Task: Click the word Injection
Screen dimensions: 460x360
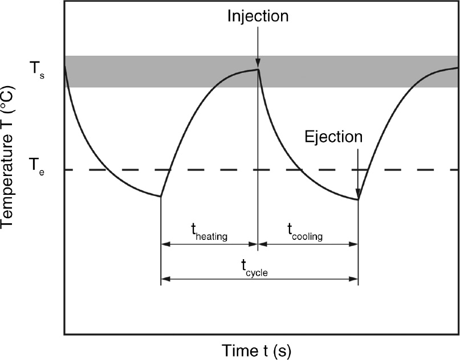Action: coord(258,16)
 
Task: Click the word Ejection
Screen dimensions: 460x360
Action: coord(333,137)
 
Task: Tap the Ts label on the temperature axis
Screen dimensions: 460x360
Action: coord(37,71)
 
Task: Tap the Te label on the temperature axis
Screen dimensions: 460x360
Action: coord(37,167)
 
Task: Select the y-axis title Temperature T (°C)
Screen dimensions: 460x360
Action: coord(8,157)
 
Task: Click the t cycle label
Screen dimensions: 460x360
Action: coord(254,268)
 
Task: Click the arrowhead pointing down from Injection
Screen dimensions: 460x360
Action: coord(258,63)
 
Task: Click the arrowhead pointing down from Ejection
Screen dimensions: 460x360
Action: coord(358,194)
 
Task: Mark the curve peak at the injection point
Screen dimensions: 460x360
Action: coord(258,69)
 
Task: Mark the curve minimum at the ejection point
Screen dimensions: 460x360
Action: coord(358,200)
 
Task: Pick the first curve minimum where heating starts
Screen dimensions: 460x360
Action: coord(161,196)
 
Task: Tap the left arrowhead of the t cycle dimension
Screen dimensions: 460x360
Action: coord(166,279)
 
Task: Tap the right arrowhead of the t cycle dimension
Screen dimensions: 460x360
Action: coord(353,279)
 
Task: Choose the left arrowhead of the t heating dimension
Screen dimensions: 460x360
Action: coord(166,244)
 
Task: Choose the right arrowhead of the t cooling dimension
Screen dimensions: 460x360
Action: coord(353,244)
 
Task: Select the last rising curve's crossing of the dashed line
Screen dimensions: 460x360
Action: coord(368,170)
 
